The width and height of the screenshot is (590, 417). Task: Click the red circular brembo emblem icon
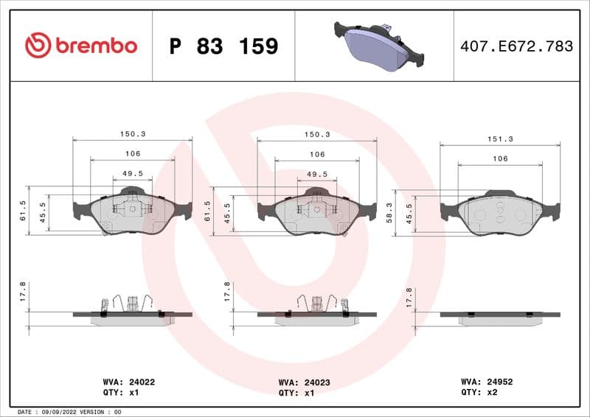click(x=38, y=46)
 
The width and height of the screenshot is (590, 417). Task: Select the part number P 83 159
click(x=223, y=46)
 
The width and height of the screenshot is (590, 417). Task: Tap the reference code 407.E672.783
click(x=516, y=46)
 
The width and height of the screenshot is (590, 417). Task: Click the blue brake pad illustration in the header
click(x=379, y=46)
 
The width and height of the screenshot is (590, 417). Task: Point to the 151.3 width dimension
click(x=500, y=139)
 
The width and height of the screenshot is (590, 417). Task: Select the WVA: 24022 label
click(x=128, y=382)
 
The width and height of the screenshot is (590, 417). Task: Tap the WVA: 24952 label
click(x=487, y=382)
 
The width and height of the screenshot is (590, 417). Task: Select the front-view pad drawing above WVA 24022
click(x=132, y=212)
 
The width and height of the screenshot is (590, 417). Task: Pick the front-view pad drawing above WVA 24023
click(x=316, y=212)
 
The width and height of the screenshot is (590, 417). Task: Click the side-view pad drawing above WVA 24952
click(x=499, y=317)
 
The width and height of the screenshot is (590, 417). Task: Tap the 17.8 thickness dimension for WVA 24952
click(x=409, y=296)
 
